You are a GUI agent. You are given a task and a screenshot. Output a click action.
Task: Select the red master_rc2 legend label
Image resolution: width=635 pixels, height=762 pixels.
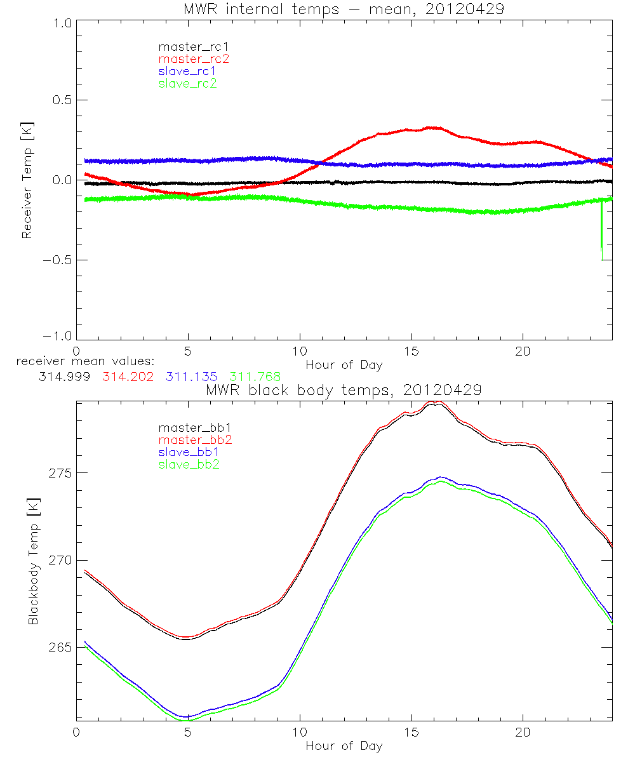(193, 59)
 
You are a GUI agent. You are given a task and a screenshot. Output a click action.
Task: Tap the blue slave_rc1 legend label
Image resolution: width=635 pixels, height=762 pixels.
(188, 71)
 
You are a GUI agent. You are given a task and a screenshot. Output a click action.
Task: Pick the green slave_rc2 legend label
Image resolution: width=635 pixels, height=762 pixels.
(187, 83)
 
